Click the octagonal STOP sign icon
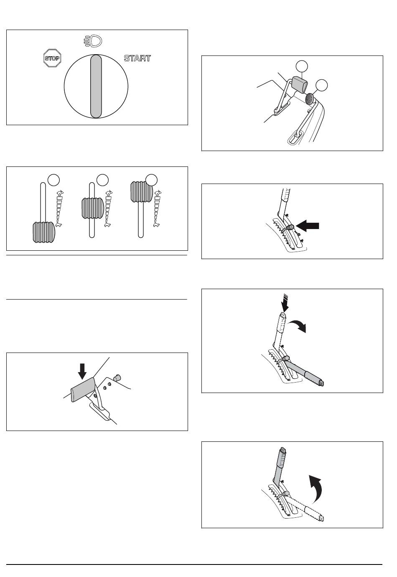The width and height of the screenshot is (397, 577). pos(52,58)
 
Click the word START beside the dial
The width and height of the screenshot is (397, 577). pos(137,58)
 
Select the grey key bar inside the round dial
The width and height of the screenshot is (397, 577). pos(96,86)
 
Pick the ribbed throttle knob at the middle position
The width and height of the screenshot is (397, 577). pos(93,208)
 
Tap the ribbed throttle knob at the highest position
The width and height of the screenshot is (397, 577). pos(142,192)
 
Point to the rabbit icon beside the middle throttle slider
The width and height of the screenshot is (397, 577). pos(109,193)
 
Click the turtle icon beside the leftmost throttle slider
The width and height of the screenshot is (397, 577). pos(59,225)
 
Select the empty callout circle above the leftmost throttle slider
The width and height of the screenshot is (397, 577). pos(54,180)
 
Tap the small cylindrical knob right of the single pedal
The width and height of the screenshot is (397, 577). pos(117,378)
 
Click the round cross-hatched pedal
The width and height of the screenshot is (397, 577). pos(309,98)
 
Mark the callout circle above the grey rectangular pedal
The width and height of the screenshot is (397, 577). pos(302,66)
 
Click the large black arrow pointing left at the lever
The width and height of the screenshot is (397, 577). pos(308,226)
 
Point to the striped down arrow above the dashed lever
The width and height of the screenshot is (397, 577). pos(285,303)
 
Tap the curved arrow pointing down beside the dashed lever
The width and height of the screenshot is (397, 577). pos(298,325)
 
